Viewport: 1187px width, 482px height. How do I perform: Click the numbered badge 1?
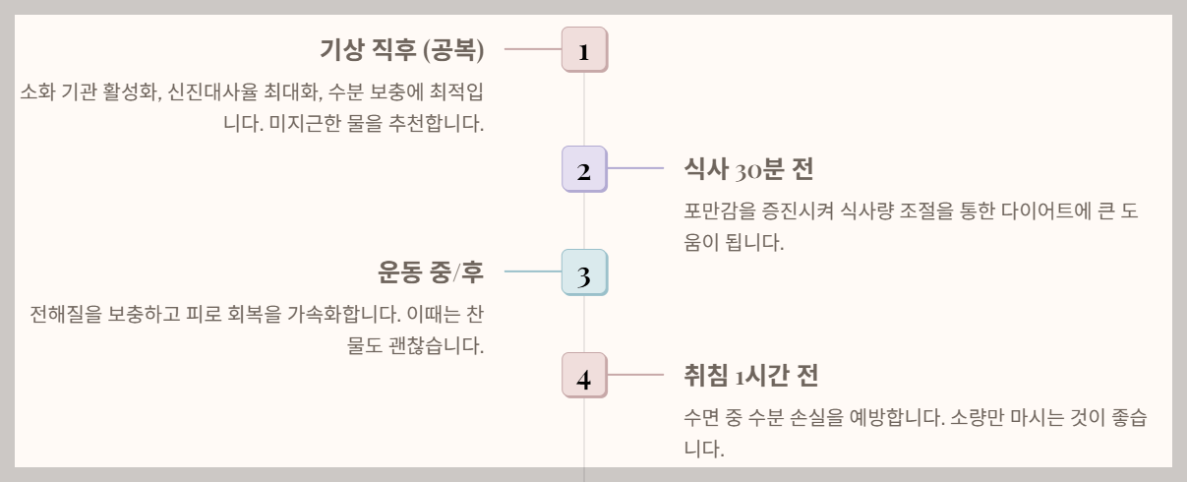(584, 50)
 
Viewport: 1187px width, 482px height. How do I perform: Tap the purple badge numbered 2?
(584, 170)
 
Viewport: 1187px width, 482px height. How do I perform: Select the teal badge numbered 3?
(584, 273)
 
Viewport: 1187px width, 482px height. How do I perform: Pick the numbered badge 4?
(584, 377)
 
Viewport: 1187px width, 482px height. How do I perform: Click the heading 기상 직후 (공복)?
(401, 49)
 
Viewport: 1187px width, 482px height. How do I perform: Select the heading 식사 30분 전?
(748, 169)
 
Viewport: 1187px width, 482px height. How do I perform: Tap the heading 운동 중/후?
(431, 271)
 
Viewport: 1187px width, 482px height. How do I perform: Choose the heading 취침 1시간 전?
(751, 375)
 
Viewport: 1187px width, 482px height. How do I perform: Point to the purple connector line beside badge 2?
(636, 168)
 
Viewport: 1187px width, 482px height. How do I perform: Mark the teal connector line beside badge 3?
(532, 271)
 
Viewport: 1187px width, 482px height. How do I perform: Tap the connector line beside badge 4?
(636, 374)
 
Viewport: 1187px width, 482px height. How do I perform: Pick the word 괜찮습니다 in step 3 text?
(438, 346)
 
